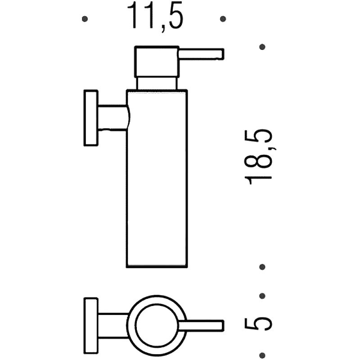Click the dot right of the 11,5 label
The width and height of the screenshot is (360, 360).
click(x=223, y=19)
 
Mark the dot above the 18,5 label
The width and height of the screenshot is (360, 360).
click(x=263, y=47)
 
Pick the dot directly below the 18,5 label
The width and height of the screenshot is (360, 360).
click(x=263, y=267)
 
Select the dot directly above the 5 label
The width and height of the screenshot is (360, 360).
click(x=263, y=296)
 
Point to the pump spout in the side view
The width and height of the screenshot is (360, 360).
click(x=200, y=54)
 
